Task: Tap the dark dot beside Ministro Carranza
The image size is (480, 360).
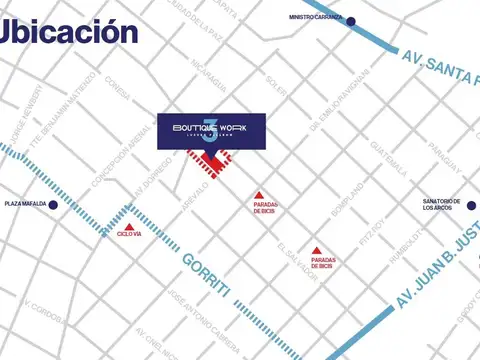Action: click(x=351, y=20)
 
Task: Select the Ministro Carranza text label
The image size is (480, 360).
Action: click(x=315, y=17)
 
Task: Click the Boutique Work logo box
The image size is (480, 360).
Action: click(x=211, y=131)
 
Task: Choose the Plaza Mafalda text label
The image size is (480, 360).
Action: click(x=24, y=204)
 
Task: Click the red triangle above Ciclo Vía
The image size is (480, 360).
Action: click(x=129, y=212)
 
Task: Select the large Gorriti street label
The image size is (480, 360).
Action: click(x=207, y=275)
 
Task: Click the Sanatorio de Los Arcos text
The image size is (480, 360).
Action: click(x=441, y=205)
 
